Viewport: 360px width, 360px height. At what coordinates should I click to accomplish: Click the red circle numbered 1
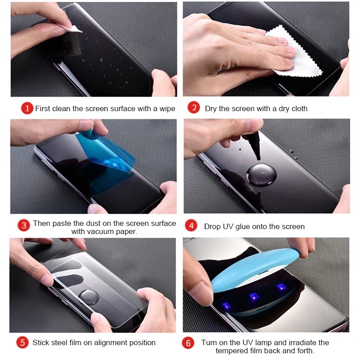(27, 108)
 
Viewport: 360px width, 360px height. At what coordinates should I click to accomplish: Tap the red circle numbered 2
(194, 108)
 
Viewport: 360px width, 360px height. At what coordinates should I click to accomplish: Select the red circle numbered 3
(24, 225)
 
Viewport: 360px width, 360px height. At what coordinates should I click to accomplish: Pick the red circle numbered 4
(191, 226)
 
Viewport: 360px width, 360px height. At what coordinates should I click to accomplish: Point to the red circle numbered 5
(22, 342)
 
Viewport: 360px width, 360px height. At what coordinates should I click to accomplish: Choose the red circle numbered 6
(188, 343)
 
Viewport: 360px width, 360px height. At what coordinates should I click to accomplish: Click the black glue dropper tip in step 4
(255, 144)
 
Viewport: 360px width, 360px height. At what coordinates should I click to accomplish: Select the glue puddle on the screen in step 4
(261, 175)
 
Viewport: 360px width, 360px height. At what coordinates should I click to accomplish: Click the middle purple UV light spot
(254, 297)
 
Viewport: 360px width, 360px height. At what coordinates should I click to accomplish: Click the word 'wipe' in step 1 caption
(167, 108)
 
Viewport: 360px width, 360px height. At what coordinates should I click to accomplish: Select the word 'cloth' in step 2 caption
(299, 108)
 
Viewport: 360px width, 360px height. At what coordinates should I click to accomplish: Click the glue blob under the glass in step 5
(89, 297)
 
